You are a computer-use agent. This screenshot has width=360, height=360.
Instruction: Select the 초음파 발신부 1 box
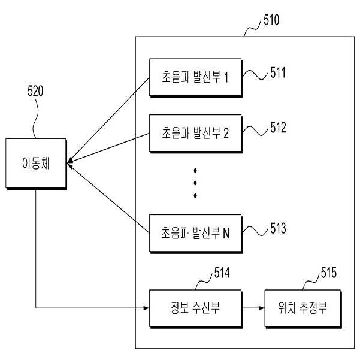(195, 78)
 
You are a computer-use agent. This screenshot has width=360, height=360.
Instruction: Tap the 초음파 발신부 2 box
(195, 132)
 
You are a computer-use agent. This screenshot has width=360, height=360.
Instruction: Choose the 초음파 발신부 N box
(195, 233)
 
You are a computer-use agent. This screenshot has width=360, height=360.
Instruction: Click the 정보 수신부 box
(195, 308)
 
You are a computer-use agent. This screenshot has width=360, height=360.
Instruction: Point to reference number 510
(271, 21)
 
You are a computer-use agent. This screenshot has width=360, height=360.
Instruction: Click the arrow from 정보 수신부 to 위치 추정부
(252, 308)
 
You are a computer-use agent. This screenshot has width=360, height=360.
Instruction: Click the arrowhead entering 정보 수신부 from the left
(146, 308)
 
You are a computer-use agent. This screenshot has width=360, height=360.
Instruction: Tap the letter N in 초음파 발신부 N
(226, 233)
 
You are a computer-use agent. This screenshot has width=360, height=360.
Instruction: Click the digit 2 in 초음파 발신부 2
(226, 132)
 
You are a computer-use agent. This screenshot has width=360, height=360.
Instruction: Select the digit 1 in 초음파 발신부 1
(226, 78)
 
